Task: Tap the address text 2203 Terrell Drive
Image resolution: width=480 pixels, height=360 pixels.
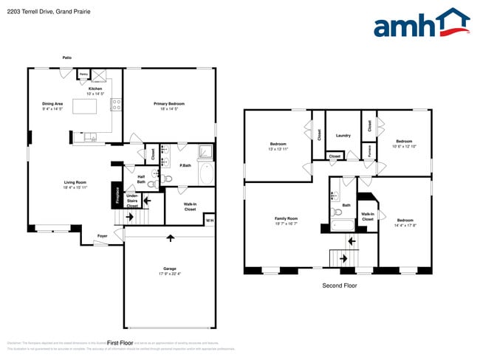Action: [40, 11]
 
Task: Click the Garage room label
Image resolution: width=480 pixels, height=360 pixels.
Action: [170, 271]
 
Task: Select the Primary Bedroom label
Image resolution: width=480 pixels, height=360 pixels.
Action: [169, 106]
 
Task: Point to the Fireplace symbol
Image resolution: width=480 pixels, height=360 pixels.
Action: [117, 195]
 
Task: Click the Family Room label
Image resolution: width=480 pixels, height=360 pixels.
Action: [287, 221]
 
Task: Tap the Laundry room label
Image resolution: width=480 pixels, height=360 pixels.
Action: [343, 135]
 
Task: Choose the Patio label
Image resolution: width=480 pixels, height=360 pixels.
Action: [67, 57]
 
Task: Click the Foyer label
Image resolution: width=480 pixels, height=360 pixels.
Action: [102, 236]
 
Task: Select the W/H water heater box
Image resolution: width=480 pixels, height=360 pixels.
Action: [209, 221]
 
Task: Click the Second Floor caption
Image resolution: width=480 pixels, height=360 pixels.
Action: [340, 285]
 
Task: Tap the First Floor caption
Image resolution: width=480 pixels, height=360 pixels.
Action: [120, 343]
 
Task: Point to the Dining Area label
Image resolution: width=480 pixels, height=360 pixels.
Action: [52, 106]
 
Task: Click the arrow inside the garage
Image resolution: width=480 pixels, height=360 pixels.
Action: [171, 238]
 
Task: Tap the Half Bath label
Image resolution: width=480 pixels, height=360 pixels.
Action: [141, 179]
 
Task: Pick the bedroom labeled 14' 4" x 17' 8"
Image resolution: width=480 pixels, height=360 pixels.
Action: [405, 222]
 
